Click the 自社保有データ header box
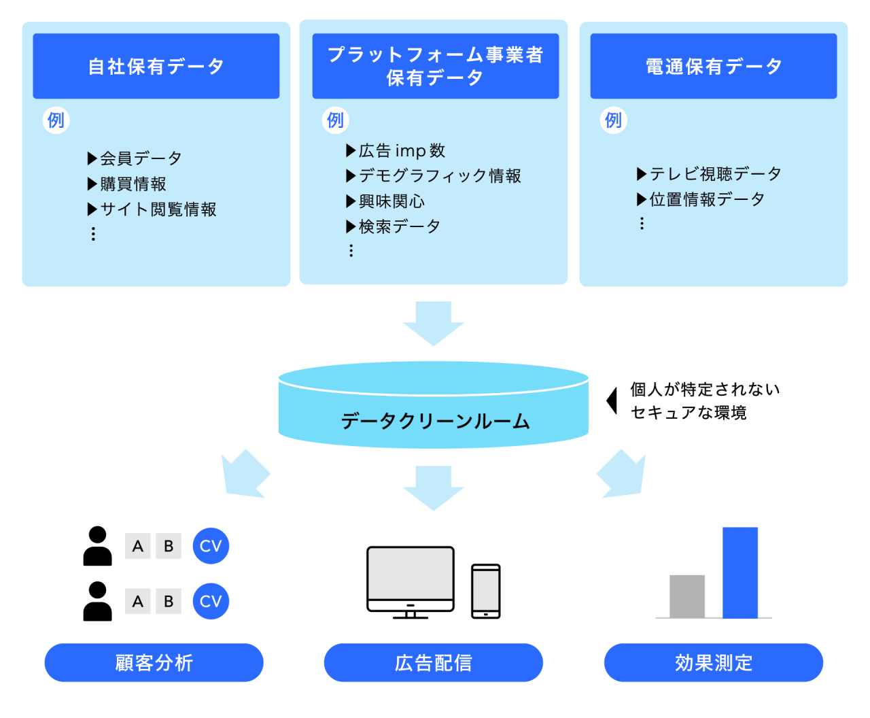point(156,66)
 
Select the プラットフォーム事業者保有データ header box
point(435,66)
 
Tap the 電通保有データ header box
point(713,66)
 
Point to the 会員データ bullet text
point(141,158)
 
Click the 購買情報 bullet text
point(133,184)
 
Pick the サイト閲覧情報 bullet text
point(158,209)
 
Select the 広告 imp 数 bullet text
point(402,150)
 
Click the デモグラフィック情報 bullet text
point(440,176)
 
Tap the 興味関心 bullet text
point(391,201)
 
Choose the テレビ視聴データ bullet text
point(715,174)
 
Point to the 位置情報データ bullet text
point(707,199)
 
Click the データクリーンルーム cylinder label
point(435,421)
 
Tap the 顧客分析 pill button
point(154,662)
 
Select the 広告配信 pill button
point(433,662)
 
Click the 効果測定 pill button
point(713,662)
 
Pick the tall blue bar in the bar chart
point(739,572)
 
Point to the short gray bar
point(686,596)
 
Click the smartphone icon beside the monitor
point(486,591)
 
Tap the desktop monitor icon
point(411,579)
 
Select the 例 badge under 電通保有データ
point(613,120)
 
